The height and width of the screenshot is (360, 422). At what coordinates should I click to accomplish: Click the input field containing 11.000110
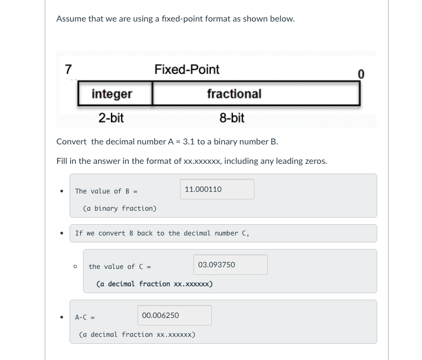tap(217, 189)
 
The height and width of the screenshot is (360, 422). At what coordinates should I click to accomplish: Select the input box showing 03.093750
tap(230, 265)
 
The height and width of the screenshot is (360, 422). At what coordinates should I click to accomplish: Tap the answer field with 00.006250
tap(174, 315)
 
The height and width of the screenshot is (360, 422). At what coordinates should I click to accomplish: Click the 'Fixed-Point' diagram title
tap(186, 70)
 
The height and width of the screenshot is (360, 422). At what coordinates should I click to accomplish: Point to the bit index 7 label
tap(68, 70)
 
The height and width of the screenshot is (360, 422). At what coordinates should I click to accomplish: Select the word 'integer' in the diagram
tap(112, 94)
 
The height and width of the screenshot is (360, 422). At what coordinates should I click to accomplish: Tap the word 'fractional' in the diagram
tap(234, 94)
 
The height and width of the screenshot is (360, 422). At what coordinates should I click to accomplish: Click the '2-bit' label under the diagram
tap(111, 118)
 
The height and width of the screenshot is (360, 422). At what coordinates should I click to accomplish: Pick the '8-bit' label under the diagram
tap(232, 118)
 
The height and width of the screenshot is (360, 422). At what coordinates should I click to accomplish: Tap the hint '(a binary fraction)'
tap(120, 209)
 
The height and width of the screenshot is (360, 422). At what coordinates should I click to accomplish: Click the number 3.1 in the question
tap(189, 142)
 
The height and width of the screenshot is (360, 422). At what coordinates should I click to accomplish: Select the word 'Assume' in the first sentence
tap(71, 19)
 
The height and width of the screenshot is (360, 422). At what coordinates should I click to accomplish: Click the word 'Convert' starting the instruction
tap(71, 142)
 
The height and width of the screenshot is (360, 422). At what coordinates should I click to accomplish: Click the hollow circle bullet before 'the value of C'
tap(75, 267)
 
